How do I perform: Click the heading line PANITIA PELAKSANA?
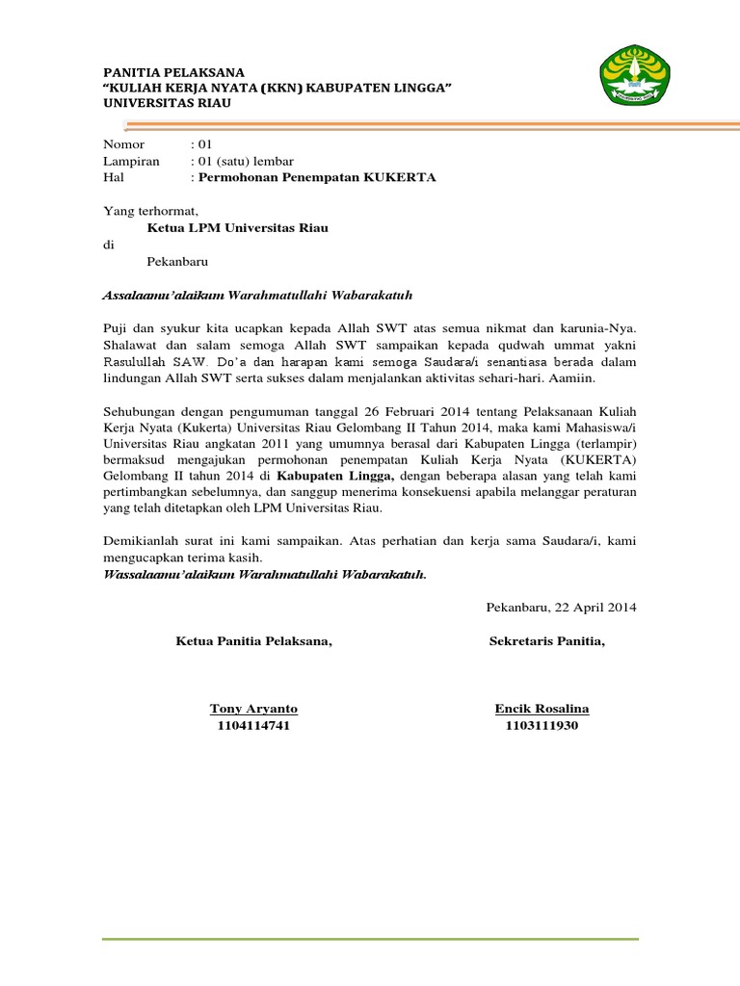(173, 73)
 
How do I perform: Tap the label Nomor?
(123, 144)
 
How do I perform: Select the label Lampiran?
(131, 161)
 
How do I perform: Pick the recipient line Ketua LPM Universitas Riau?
(237, 228)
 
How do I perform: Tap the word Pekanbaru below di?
(177, 261)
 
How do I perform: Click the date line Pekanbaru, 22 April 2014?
(562, 608)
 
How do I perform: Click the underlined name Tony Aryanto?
(253, 709)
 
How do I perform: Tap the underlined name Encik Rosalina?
(542, 709)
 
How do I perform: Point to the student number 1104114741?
(253, 725)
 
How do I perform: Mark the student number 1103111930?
(542, 725)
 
